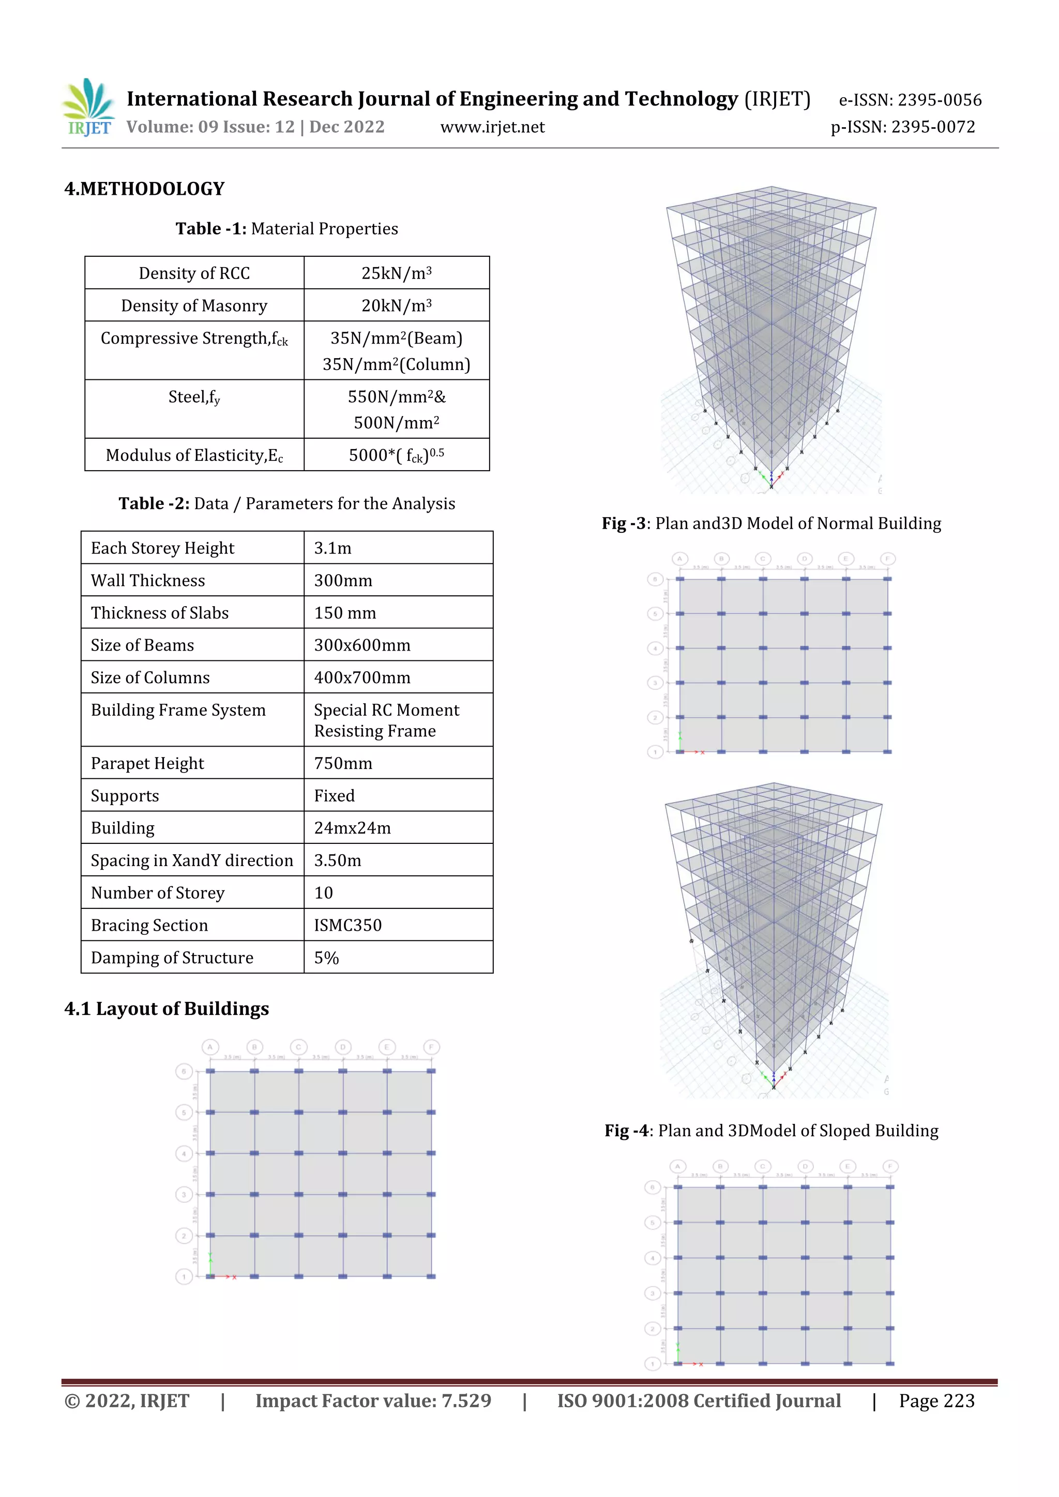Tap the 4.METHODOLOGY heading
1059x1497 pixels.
[x=144, y=189]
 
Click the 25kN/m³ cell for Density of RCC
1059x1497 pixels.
[x=396, y=273]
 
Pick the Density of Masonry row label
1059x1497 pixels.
[x=194, y=306]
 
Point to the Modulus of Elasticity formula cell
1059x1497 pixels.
[x=396, y=455]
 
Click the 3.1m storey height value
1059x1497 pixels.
[x=333, y=548]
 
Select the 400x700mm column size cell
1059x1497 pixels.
[x=362, y=678]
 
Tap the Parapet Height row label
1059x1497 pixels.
[x=147, y=764]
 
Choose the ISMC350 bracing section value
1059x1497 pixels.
[x=348, y=926]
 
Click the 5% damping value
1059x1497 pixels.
[x=326, y=959]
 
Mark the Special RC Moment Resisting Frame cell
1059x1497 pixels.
[x=386, y=720]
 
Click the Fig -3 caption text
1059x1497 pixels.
[x=771, y=523]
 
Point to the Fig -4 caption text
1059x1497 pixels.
[x=771, y=1131]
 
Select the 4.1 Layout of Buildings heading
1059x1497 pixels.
[x=167, y=1009]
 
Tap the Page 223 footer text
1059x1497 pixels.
[x=936, y=1401]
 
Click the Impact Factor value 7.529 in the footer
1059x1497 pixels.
[x=373, y=1401]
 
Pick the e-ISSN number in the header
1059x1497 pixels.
[x=910, y=100]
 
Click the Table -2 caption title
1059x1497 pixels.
[x=286, y=504]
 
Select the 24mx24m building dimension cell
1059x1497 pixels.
[x=352, y=828]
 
